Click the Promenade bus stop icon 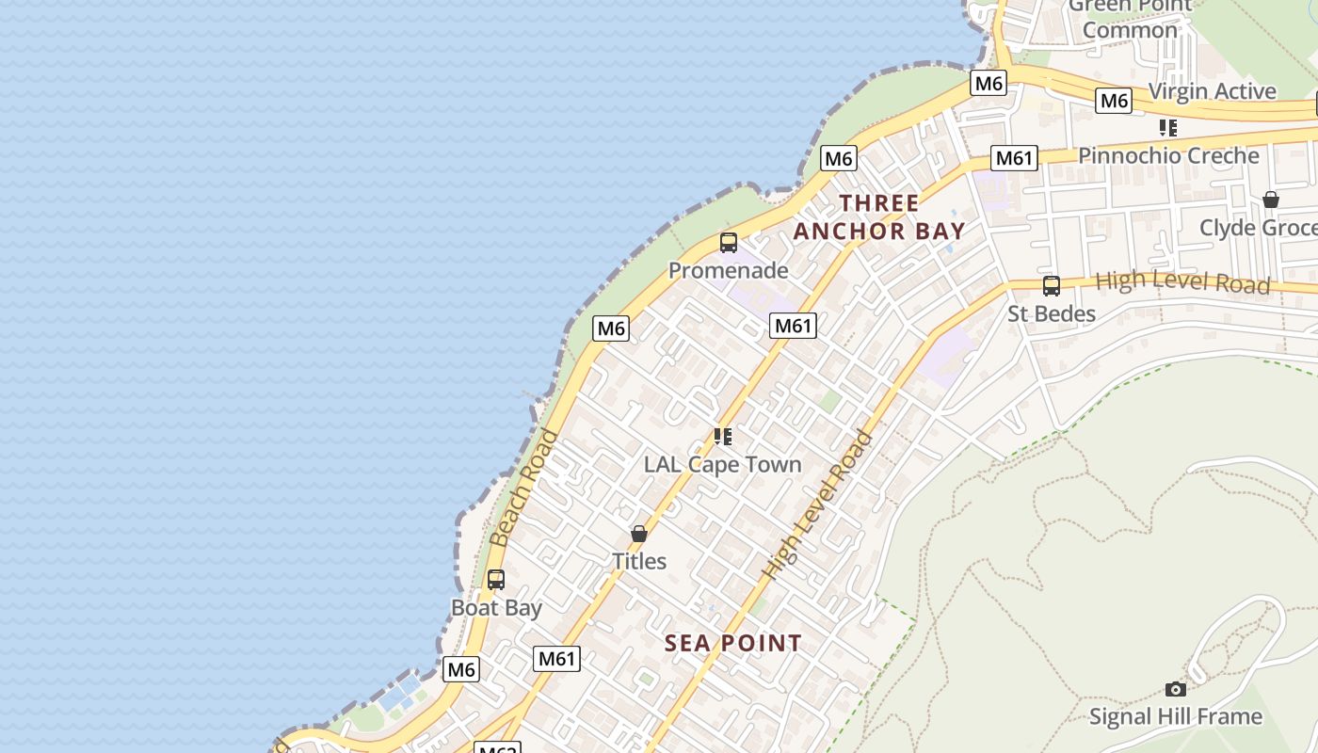[x=728, y=243]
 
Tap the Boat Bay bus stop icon [x=496, y=580]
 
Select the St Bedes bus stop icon [x=1052, y=286]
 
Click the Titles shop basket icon [x=639, y=534]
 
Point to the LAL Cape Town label [x=722, y=464]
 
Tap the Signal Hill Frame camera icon [x=1175, y=689]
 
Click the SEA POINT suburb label [x=733, y=643]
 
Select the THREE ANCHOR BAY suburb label [x=879, y=217]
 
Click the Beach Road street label [x=523, y=488]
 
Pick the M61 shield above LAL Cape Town [x=793, y=326]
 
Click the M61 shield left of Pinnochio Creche [x=1015, y=158]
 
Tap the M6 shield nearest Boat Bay [x=460, y=669]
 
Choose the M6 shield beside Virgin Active [x=1114, y=100]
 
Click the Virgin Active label [x=1213, y=91]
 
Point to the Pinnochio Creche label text [x=1168, y=155]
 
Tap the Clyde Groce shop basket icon [x=1270, y=200]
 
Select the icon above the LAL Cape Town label [x=722, y=437]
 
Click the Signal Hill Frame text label [x=1175, y=716]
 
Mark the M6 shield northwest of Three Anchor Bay [x=838, y=158]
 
